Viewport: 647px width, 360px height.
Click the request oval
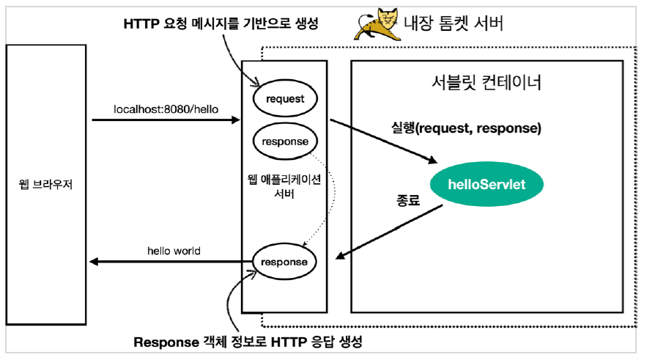click(x=284, y=99)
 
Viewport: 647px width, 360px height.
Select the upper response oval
click(x=284, y=142)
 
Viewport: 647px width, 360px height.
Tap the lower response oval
click(x=284, y=261)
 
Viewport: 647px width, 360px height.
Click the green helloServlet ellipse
click(x=487, y=184)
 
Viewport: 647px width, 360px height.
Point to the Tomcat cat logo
click(x=374, y=25)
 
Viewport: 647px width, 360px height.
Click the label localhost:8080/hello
click(x=166, y=109)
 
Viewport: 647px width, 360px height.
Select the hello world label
click(x=174, y=251)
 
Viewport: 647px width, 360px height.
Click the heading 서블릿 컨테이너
click(x=487, y=82)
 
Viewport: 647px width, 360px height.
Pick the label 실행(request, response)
click(x=466, y=128)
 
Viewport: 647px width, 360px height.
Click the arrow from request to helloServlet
click(x=381, y=139)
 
